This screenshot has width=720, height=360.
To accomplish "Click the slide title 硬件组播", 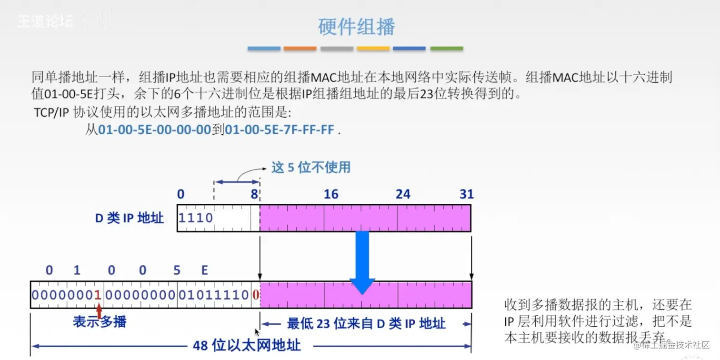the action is click(356, 26).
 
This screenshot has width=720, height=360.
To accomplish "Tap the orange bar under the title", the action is click(300, 49).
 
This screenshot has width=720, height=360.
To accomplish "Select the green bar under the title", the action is click(447, 49).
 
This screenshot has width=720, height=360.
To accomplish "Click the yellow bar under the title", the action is click(373, 49).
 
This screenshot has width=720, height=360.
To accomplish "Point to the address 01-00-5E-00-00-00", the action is click(154, 130).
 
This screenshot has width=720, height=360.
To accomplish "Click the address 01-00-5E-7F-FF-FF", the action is click(280, 130).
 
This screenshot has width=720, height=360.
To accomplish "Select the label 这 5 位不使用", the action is click(311, 168).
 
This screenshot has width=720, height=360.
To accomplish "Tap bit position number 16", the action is click(331, 194).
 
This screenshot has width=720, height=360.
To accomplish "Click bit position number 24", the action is click(403, 194).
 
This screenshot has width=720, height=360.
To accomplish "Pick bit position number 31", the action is click(466, 194).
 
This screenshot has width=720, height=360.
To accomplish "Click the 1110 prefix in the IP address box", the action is click(195, 218).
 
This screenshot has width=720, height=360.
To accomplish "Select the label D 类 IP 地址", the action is click(129, 218).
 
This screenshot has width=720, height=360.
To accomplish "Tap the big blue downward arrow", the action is click(362, 262).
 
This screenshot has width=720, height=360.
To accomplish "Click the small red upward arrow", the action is click(99, 310).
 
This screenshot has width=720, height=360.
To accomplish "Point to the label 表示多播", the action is click(100, 322).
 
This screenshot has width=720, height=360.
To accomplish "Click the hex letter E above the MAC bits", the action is click(204, 270).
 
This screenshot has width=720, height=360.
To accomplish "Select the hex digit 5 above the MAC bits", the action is click(177, 270).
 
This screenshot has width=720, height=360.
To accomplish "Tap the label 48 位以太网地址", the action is click(247, 346).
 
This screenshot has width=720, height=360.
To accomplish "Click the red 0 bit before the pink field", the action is click(256, 295).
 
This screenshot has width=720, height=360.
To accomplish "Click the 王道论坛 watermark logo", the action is click(45, 21).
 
